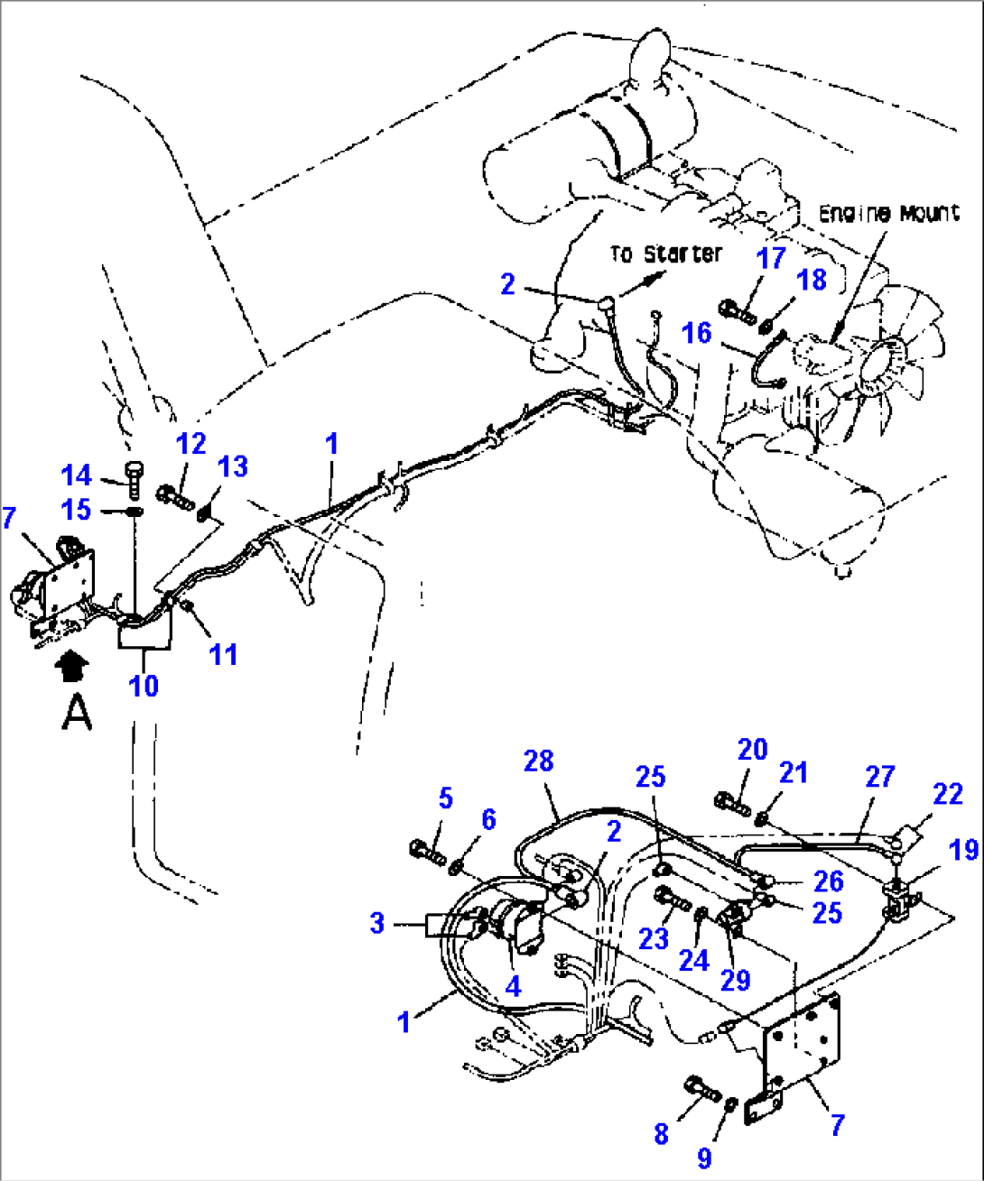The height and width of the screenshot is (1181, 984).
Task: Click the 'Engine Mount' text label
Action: point(888,214)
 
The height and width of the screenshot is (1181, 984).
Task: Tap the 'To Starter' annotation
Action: point(665,254)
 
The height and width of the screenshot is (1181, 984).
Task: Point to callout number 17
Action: point(771,259)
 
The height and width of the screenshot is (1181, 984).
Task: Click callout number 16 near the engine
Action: point(696,333)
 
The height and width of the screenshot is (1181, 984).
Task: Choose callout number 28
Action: point(538,761)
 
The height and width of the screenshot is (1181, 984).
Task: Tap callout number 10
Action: point(144,686)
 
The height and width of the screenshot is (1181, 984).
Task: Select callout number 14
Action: point(77,475)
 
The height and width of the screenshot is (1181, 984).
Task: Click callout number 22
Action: point(947,794)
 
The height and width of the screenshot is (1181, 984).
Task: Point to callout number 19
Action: point(964,849)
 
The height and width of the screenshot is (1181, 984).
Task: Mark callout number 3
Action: point(376,923)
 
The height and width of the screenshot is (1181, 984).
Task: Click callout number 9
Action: point(704,1158)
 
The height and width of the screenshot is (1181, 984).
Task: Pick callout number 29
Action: point(735,980)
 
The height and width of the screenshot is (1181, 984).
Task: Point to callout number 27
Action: point(879,777)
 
